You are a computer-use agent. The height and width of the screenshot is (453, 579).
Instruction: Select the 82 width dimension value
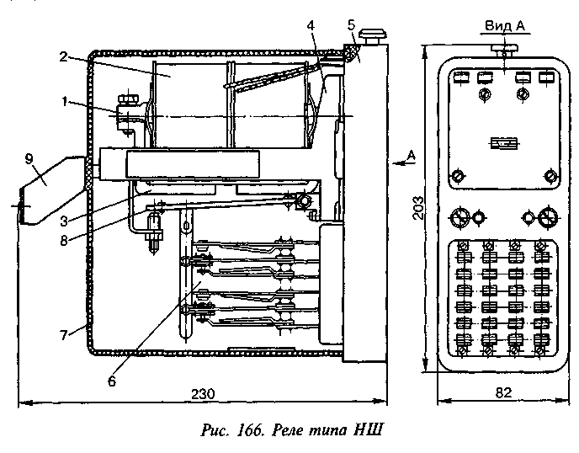502,393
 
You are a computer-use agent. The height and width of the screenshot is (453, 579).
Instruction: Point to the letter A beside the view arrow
410,155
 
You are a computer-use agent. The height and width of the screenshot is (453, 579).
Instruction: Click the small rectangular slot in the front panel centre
503,144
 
